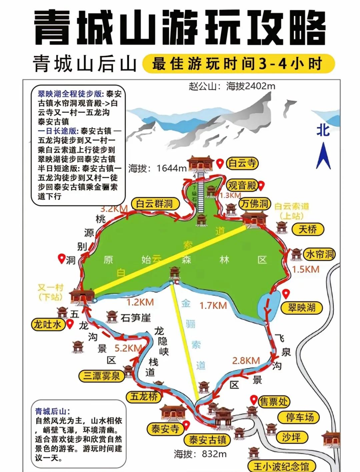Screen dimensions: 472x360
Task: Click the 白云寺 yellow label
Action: point(242,163)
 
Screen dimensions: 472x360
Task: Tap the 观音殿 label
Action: point(242,185)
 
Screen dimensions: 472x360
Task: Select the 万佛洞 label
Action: point(255,204)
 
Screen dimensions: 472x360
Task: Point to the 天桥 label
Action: point(308,229)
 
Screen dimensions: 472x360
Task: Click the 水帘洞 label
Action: point(319,254)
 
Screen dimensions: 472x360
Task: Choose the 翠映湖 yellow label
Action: point(302,307)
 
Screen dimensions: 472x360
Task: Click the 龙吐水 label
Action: point(48,324)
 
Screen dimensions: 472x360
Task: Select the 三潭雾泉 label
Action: point(101,376)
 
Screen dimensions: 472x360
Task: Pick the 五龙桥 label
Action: point(144,396)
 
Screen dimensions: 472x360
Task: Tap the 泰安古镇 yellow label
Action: point(207,440)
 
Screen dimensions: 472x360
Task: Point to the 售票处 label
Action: point(274,402)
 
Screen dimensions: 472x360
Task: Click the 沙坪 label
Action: point(291,437)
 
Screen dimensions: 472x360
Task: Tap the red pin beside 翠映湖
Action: point(286,293)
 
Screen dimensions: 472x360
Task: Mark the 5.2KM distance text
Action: point(128,348)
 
